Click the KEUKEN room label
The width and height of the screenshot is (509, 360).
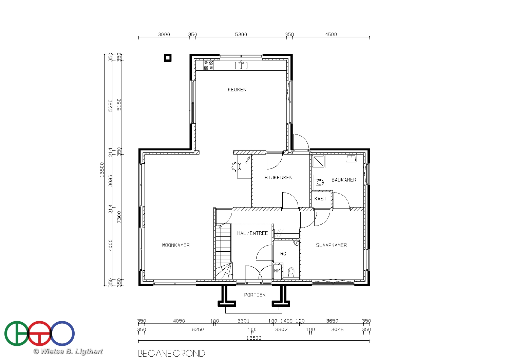coord(237,90)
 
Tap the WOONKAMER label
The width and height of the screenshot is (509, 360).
coord(176,245)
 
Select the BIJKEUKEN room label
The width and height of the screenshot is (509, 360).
coord(278,178)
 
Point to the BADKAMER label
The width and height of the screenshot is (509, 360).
coord(344,180)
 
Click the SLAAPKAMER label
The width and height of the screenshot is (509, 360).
coord(331,245)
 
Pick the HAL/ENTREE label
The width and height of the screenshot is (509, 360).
coord(252,233)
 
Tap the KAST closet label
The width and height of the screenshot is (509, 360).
coord(320,199)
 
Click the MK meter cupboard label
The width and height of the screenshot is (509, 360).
coord(277,271)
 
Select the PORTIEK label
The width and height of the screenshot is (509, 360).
coord(255,295)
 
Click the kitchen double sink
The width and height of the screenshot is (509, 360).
coord(241,65)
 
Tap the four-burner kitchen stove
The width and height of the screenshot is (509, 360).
coord(208,65)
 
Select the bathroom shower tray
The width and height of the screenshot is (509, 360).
coord(318,161)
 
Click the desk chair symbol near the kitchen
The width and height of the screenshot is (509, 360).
coord(236,166)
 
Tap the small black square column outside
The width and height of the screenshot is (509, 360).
coord(168,58)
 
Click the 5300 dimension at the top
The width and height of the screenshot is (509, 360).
coord(241,34)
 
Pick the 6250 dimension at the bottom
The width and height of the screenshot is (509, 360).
coord(198,329)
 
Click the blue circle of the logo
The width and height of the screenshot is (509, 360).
coord(62,334)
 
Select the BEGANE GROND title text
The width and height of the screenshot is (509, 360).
coord(172,354)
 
